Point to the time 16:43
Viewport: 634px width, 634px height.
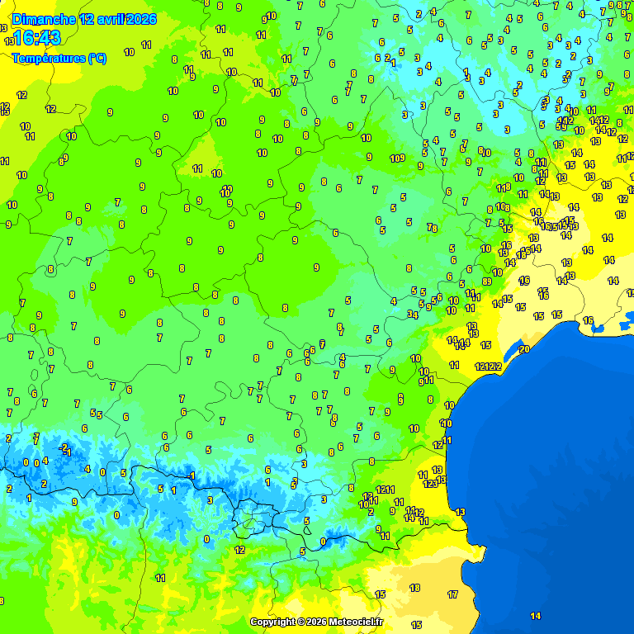point(37,38)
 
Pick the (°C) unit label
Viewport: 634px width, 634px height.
point(97,59)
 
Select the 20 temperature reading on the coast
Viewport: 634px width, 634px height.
point(523,349)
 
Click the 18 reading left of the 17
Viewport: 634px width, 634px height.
point(414,588)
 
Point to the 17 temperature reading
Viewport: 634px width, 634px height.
point(452,594)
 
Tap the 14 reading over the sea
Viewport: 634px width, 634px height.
point(535,616)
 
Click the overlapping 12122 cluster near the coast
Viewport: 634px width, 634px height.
point(488,367)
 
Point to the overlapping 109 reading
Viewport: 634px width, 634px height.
point(397,158)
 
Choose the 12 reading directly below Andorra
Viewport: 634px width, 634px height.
point(239,550)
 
